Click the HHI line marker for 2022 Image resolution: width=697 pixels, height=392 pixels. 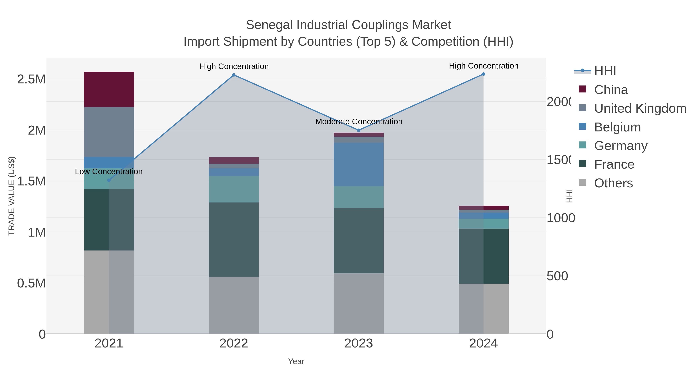point(234,75)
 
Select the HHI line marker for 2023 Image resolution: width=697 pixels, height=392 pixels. point(359,130)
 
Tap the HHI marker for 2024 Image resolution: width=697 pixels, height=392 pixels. point(483,74)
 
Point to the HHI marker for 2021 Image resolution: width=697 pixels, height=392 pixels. point(109,180)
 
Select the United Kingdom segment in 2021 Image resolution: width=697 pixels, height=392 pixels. point(109,132)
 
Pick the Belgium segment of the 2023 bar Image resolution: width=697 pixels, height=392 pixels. point(359,164)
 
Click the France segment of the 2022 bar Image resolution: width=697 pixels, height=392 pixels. point(234,239)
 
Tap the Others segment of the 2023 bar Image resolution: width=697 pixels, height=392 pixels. point(359,303)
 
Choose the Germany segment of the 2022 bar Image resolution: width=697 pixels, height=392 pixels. point(234,189)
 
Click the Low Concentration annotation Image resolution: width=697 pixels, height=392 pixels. point(109,172)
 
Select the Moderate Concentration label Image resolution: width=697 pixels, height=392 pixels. point(359,121)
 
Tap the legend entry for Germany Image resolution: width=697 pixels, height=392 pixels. point(621,146)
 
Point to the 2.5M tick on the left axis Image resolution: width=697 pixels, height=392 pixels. point(31,79)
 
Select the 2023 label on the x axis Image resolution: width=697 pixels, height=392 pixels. point(359,343)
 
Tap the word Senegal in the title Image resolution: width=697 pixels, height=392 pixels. point(270,25)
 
